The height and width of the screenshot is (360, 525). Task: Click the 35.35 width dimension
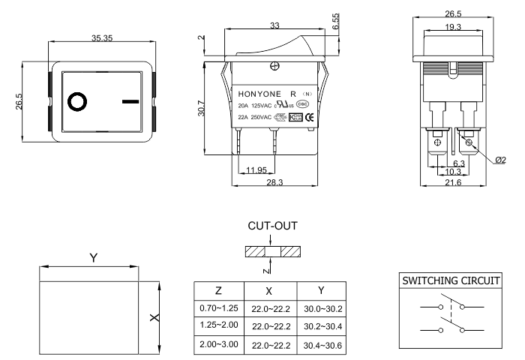(103, 38)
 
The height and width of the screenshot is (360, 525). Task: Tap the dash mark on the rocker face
(130, 100)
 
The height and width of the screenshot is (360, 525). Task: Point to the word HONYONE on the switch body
(260, 94)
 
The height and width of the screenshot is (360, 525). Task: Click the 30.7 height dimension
(213, 109)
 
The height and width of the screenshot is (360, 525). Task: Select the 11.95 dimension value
(255, 169)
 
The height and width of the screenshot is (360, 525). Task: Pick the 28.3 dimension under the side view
(274, 182)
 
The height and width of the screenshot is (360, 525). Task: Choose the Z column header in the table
(217, 290)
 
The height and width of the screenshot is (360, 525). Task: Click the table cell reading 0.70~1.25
(218, 309)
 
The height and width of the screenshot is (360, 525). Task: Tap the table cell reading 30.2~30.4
(321, 325)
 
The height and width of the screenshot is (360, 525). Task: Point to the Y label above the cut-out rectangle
(92, 257)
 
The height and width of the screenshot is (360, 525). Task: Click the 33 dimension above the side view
(274, 25)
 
